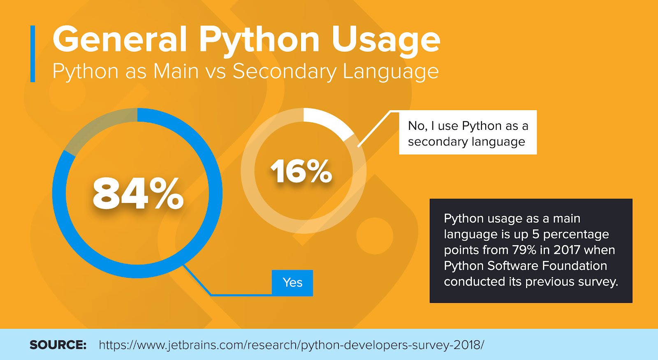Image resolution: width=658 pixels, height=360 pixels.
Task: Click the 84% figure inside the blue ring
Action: point(138,193)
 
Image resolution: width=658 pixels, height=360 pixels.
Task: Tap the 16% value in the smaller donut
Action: point(301,171)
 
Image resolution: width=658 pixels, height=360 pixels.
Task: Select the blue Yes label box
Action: point(292,283)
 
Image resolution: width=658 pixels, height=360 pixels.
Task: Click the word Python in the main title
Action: point(259,40)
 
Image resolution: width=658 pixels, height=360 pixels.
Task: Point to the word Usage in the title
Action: point(385,40)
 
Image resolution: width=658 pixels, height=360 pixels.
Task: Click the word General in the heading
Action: point(120,40)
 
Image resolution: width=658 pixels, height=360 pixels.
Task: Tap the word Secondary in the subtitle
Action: point(284,72)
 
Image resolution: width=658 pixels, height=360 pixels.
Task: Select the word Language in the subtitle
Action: point(390,72)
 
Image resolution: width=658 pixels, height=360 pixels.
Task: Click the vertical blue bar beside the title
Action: point(33,54)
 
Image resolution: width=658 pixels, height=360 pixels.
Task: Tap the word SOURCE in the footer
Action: point(58,345)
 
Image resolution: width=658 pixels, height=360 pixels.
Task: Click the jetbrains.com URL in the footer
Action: point(291,345)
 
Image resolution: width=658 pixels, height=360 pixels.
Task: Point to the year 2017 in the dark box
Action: point(567,250)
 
